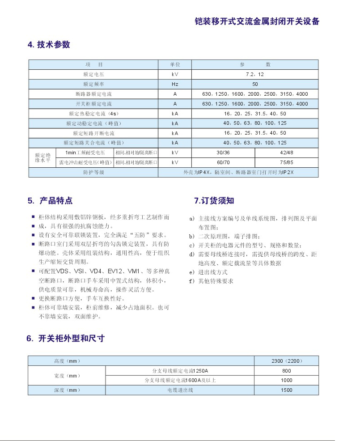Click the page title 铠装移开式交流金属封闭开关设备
pos(257,21)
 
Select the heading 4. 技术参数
pos(49,45)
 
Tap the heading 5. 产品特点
pos(50,201)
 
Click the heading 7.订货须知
pos(214,201)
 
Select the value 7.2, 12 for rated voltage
pos(255,74)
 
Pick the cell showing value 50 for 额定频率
pos(255,84)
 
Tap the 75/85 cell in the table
pos(286,162)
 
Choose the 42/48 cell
pos(286,153)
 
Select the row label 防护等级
pos(93,172)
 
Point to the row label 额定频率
pos(93,84)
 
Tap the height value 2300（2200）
pos(286,361)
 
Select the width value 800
pos(286,371)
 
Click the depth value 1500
pos(286,390)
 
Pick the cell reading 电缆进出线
pos(180,390)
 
